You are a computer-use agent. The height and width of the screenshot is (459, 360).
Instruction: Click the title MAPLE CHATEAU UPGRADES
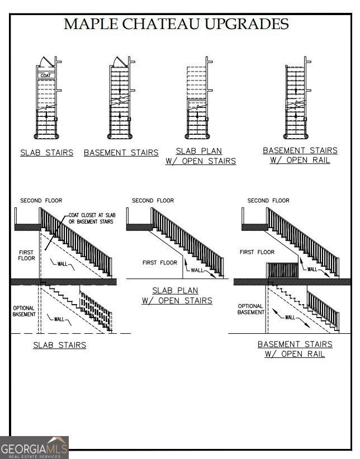pos(176,24)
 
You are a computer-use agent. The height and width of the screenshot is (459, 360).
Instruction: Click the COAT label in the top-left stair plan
pos(45,75)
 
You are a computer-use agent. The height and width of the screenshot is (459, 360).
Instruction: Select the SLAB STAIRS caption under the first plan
pos(47,153)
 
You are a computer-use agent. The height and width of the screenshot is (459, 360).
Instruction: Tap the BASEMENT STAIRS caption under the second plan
pos(121,153)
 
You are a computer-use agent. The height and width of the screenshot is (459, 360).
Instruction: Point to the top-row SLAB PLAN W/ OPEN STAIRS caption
pos(200,156)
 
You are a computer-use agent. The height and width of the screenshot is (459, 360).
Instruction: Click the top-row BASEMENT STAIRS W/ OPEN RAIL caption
pos(300,155)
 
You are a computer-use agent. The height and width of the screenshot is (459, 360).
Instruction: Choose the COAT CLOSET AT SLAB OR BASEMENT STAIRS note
pos(91,218)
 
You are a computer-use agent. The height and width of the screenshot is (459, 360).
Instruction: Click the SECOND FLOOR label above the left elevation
pos(41,200)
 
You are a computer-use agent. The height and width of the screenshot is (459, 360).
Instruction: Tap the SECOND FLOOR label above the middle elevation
pos(153,200)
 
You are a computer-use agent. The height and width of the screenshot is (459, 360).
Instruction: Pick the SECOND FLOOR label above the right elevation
pos(268,200)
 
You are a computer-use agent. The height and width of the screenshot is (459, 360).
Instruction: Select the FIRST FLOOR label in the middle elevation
pos(160,262)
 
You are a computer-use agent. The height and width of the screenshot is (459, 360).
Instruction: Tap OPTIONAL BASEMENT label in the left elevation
pos(24,311)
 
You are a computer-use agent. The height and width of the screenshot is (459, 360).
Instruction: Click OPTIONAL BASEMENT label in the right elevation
pos(251,309)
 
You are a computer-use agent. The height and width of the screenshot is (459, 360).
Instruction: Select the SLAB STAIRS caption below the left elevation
pos(60,345)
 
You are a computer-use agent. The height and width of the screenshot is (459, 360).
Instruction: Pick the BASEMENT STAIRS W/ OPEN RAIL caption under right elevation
pos(295,349)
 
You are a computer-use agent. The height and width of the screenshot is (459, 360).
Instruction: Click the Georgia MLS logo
pos(35,447)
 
